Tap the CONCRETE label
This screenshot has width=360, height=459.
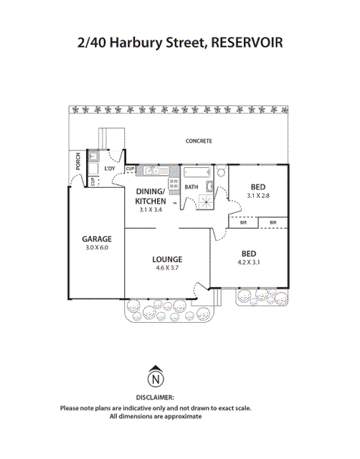click(x=199, y=141)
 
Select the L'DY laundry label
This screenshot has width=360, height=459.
click(x=110, y=169)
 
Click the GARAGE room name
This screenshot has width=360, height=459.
click(x=96, y=239)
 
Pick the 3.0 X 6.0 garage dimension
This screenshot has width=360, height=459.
click(x=96, y=248)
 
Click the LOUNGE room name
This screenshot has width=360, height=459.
click(x=167, y=259)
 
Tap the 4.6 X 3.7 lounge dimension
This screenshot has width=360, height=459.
click(x=167, y=268)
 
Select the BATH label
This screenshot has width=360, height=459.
click(x=191, y=187)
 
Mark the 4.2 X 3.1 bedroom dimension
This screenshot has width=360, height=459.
click(x=249, y=262)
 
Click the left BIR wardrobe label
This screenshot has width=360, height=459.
click(x=243, y=223)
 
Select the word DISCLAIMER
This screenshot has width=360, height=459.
click(x=155, y=396)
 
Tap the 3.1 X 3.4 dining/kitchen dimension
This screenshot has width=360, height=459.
click(x=151, y=210)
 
